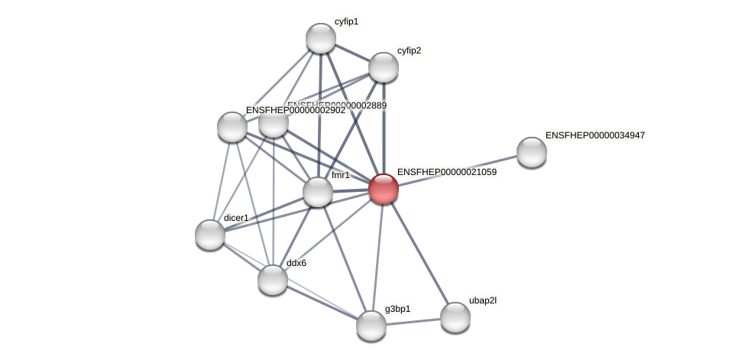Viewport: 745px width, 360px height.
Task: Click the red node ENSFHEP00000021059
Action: point(384,189)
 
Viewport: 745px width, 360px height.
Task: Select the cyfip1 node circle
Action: point(321,38)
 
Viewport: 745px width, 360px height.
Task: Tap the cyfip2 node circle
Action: point(384,67)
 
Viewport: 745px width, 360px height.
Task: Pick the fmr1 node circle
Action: point(318,191)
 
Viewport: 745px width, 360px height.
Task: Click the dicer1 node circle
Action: point(210,234)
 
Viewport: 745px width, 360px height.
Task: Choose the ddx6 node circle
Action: point(273,280)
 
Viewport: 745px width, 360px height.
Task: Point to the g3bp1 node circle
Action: point(371,325)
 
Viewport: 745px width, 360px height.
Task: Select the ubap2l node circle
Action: point(455,317)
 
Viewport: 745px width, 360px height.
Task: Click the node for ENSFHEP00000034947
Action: point(532,151)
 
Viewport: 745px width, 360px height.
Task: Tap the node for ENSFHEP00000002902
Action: point(232,127)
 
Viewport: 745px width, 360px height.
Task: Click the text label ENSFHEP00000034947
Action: point(594,135)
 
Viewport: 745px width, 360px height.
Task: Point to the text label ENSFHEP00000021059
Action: point(446,172)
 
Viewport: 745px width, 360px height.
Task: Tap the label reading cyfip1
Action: point(346,21)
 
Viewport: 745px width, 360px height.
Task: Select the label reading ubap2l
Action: point(482,300)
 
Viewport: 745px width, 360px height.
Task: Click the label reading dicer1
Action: point(236,218)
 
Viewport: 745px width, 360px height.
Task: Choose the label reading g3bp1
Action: point(397,309)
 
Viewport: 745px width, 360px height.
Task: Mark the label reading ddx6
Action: point(296,263)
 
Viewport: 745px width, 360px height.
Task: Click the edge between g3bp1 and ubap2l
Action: point(413,321)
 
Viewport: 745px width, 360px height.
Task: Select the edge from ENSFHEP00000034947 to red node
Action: point(458,170)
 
